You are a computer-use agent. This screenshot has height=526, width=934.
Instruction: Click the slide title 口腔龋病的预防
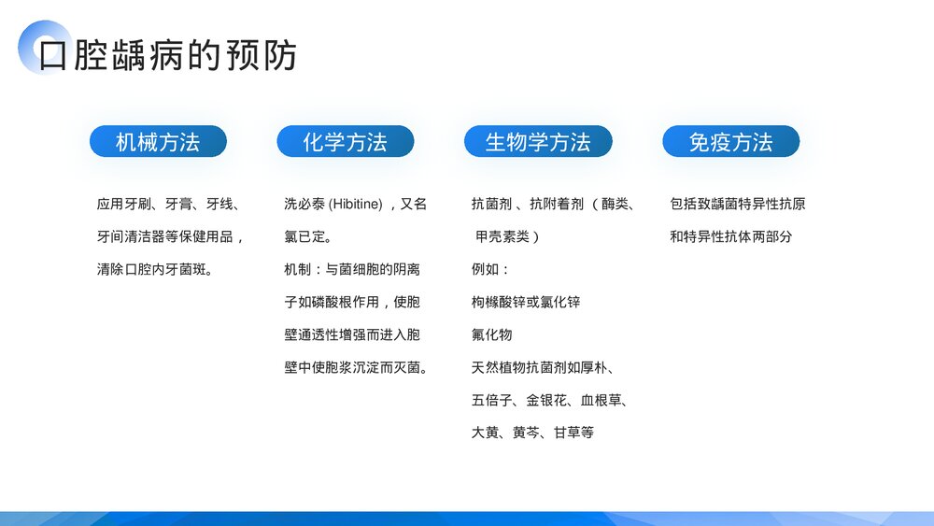(x=168, y=55)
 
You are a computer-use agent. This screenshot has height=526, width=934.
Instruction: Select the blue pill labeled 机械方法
(x=158, y=142)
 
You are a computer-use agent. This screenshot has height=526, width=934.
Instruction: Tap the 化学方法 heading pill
(x=345, y=142)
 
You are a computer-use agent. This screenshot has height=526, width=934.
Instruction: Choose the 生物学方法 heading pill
(x=538, y=142)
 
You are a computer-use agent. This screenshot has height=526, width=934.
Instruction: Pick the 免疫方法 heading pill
(x=730, y=142)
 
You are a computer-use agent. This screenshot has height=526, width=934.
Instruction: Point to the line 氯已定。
(x=307, y=236)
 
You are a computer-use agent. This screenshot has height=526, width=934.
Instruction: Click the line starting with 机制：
(x=352, y=269)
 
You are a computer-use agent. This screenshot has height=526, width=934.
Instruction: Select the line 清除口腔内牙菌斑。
(x=155, y=269)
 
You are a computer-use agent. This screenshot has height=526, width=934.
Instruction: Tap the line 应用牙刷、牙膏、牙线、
(x=168, y=204)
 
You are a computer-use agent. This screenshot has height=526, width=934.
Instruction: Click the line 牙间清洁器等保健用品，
(x=171, y=236)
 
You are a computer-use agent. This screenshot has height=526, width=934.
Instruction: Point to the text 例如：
(x=491, y=269)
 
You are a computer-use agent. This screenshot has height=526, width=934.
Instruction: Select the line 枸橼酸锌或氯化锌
(x=526, y=302)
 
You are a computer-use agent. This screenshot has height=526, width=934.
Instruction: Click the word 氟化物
(x=491, y=334)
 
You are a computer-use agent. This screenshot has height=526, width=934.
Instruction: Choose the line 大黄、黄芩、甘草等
(x=532, y=433)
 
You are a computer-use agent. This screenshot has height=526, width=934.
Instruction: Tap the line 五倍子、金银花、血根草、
(x=549, y=400)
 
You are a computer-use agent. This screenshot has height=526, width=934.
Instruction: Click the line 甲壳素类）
(x=507, y=236)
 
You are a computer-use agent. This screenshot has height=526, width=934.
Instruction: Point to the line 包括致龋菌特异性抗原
(x=737, y=204)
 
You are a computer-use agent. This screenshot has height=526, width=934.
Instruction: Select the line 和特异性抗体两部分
(x=730, y=236)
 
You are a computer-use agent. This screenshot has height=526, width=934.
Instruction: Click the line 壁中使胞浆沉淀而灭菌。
(x=356, y=367)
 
